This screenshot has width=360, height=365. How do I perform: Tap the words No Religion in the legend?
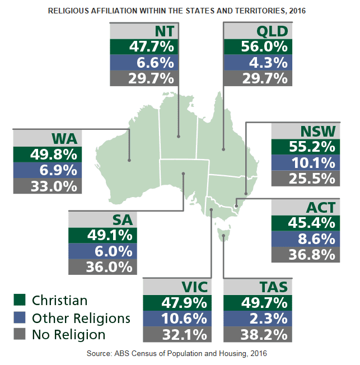(69, 335)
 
